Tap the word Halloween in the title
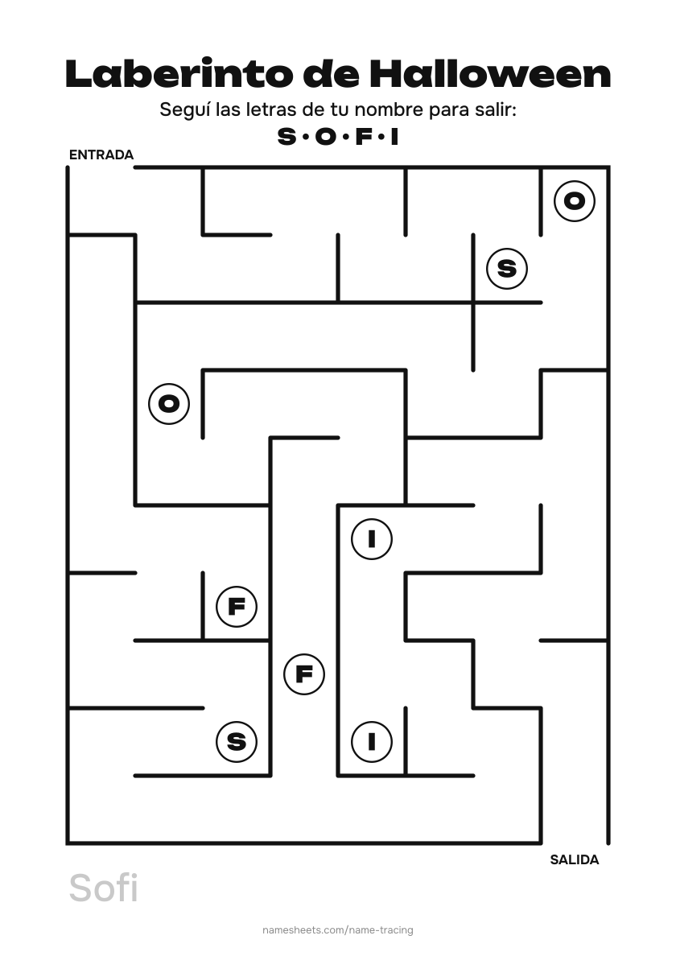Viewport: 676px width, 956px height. tap(490, 74)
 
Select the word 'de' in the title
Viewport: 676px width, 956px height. tap(333, 74)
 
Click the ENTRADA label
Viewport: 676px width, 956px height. tap(101, 155)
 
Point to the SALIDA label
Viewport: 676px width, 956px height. tap(575, 859)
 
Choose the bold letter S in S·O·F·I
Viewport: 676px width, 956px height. tap(286, 137)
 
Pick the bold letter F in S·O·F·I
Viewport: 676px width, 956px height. tap(364, 137)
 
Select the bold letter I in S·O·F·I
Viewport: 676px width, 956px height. tap(394, 137)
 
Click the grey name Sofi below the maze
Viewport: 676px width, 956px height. tap(104, 888)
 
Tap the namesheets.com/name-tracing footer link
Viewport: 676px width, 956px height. tap(338, 929)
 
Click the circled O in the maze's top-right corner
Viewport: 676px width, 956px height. tap(575, 201)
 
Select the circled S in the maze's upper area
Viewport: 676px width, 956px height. tap(507, 268)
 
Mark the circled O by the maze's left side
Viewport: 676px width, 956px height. tap(170, 404)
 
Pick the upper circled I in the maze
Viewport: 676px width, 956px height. tap(372, 539)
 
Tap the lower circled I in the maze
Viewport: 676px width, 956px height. tap(372, 742)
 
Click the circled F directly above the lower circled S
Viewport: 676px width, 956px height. tap(237, 607)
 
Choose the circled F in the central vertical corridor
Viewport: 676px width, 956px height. tap(304, 674)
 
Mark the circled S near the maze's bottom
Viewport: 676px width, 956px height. tap(237, 742)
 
